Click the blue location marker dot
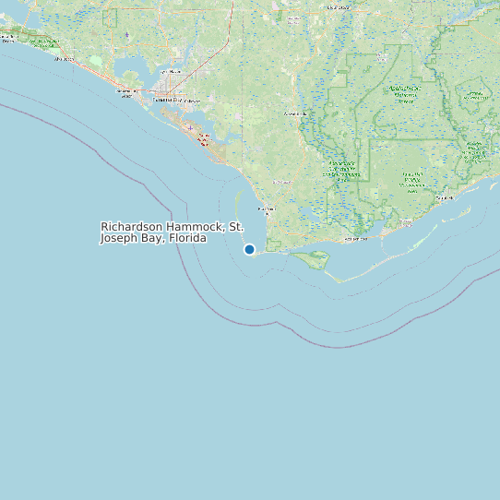249,249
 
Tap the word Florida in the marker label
187,238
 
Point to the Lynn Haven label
170,71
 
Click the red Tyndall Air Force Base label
205,138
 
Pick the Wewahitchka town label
293,113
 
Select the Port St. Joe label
266,210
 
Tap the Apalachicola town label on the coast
356,240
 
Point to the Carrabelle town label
445,197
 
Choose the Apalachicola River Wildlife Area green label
341,169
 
